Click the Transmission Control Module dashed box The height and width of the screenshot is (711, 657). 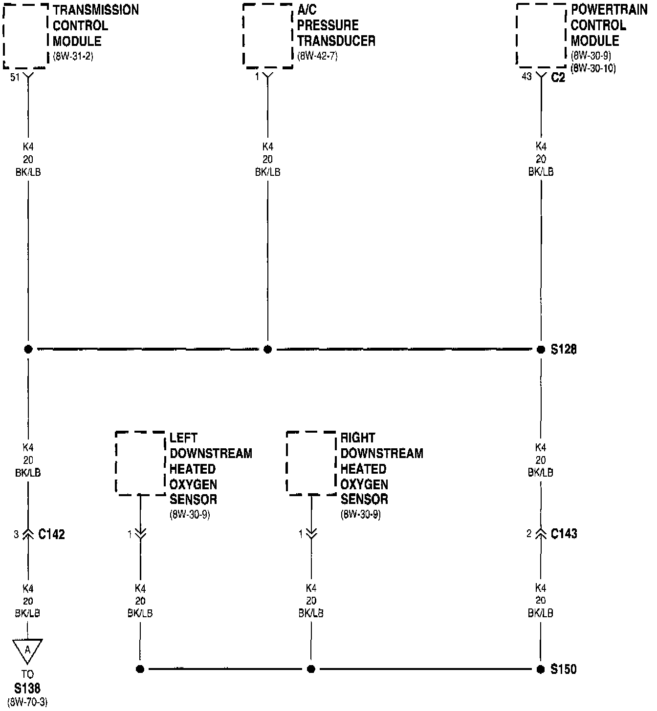(x=26, y=36)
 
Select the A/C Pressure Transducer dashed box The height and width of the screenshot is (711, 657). (x=268, y=36)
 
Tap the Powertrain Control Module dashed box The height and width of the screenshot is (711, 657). (x=542, y=36)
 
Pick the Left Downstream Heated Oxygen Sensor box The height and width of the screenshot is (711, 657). (x=140, y=463)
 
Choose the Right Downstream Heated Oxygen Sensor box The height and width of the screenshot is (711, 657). (x=311, y=463)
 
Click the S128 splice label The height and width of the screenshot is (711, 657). (x=564, y=350)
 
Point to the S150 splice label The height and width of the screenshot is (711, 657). (x=564, y=669)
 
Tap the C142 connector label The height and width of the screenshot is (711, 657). (x=51, y=534)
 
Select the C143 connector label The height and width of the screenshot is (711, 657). (x=564, y=534)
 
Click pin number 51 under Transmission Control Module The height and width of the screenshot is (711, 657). (x=15, y=77)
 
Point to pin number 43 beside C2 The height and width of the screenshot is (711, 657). (x=526, y=77)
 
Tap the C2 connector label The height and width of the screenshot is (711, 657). (x=558, y=77)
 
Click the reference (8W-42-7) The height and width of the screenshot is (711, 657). (x=317, y=56)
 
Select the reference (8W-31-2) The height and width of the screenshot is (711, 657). (x=73, y=56)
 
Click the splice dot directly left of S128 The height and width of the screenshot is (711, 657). (x=541, y=350)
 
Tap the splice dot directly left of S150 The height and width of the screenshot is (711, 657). (x=541, y=669)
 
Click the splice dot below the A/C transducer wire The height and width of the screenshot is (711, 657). (x=267, y=350)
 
